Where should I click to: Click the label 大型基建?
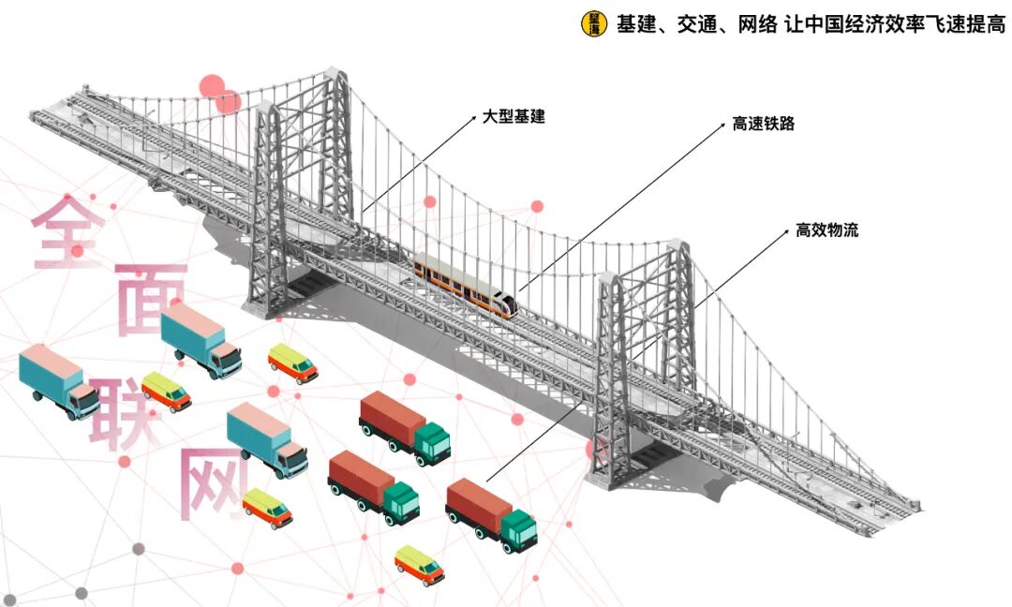[513, 117]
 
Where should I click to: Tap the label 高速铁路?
[763, 123]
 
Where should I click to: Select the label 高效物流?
[826, 229]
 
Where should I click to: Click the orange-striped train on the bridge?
[466, 284]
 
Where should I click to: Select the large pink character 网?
[212, 482]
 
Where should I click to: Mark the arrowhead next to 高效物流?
[785, 230]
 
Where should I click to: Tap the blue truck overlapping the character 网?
[268, 439]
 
